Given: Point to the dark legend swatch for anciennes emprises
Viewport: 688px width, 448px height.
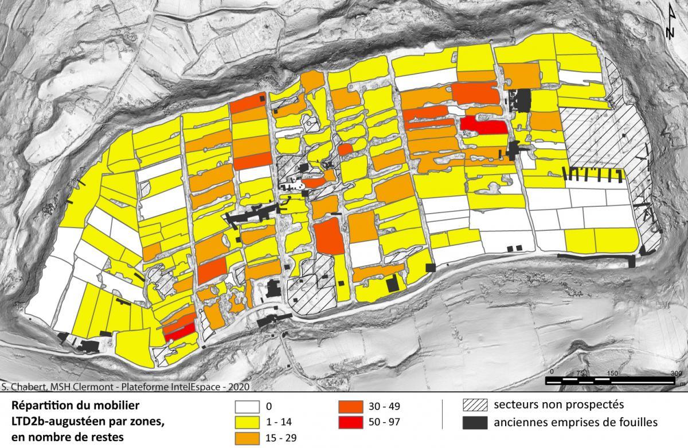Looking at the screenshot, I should [x=473, y=423].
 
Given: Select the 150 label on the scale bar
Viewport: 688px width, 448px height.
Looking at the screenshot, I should [x=612, y=373].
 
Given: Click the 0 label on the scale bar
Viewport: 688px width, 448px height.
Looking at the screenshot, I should [x=552, y=373].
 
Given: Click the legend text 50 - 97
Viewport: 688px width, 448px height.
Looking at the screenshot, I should [x=387, y=423].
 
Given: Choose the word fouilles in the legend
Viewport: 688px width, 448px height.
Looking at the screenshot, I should [x=637, y=423].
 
